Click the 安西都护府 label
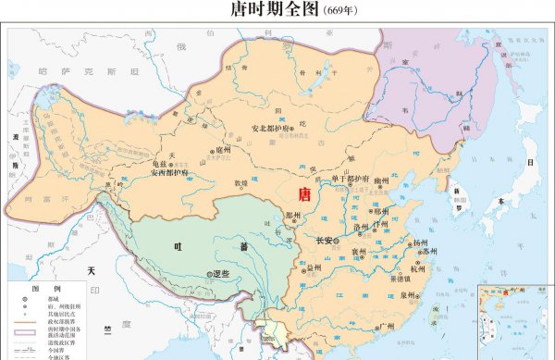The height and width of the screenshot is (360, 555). [170, 173]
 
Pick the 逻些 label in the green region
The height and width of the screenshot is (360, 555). [218, 274]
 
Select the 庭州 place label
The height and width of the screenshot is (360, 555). [221, 149]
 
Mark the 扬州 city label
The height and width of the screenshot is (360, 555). [422, 242]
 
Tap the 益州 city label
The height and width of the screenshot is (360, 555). [314, 267]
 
